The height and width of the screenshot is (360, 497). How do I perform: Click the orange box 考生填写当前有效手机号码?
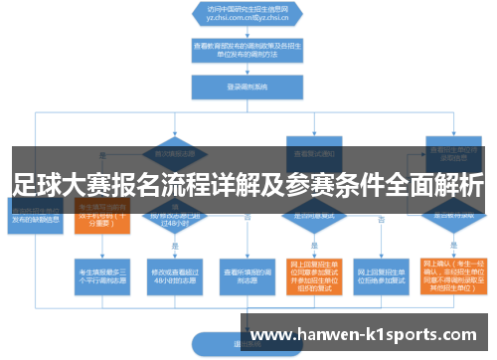[101, 216]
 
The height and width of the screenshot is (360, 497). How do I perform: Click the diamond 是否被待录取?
[444, 214]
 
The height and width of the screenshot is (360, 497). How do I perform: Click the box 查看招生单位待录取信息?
[444, 152]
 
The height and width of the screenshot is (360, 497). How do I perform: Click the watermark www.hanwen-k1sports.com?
[369, 335]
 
